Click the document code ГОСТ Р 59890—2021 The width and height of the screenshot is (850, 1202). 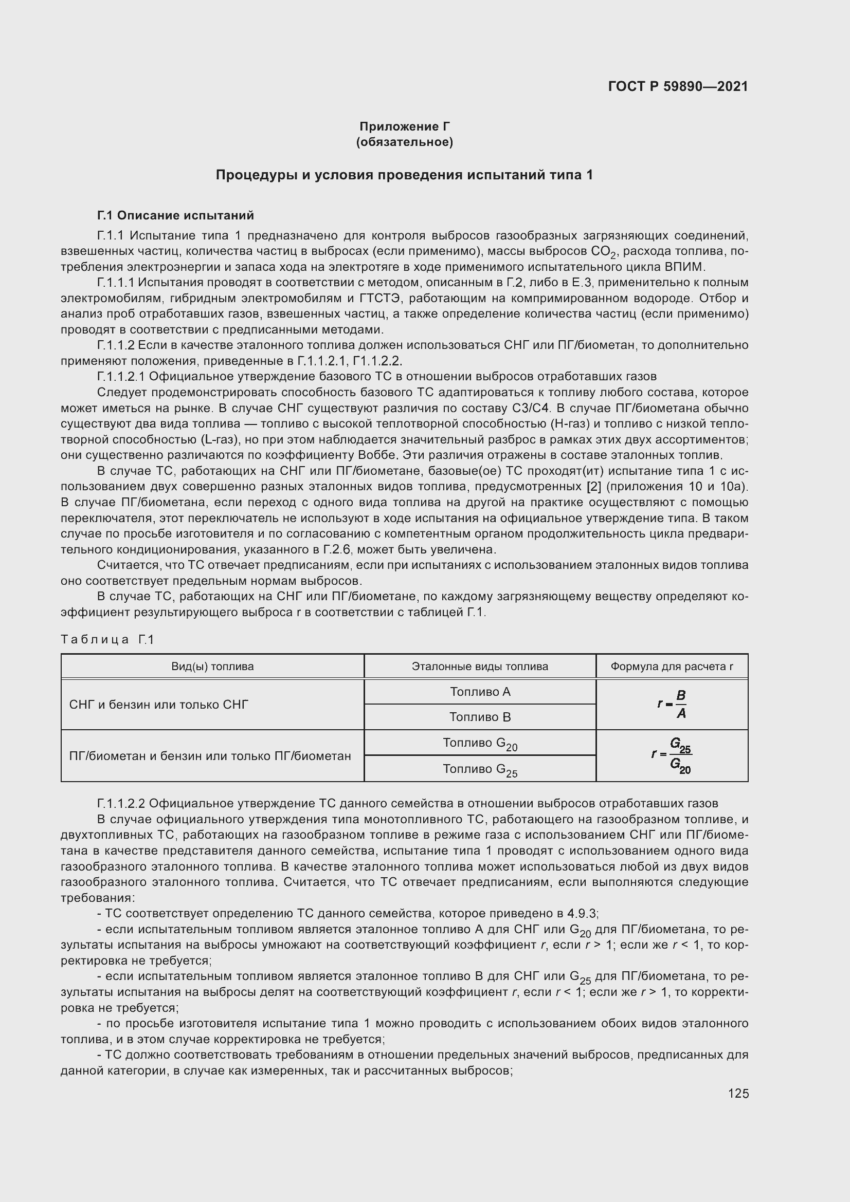click(678, 86)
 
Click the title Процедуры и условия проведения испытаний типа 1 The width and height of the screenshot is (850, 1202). click(404, 175)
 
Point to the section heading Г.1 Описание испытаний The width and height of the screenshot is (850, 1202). click(175, 215)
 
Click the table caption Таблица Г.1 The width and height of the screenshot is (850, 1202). click(107, 639)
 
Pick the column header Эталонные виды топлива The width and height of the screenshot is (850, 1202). click(480, 667)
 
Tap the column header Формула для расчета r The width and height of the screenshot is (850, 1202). click(672, 667)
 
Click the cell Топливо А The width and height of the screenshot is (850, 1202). click(480, 692)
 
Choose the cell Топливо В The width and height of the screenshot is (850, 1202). click(480, 717)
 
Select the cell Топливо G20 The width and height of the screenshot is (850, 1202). click(480, 744)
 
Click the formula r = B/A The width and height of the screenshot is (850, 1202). click(673, 704)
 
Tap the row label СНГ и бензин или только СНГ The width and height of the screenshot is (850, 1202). click(159, 705)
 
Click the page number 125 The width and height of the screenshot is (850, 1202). click(738, 1093)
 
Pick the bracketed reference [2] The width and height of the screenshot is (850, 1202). click(593, 486)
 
